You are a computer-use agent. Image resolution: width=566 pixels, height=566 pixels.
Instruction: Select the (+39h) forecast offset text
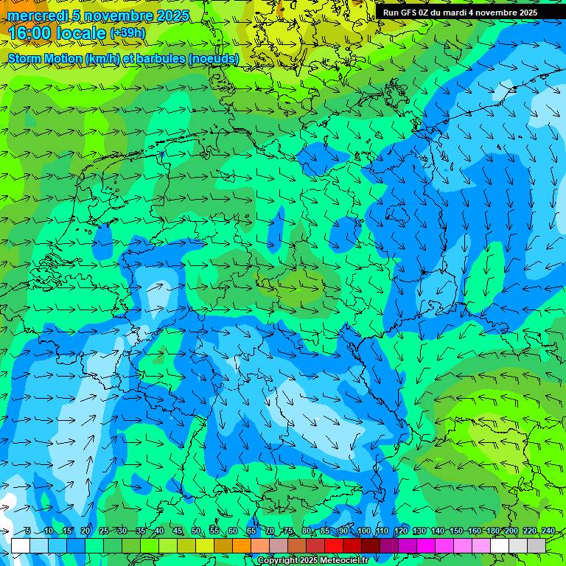[x=128, y=32]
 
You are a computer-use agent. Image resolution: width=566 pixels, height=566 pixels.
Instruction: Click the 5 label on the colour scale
[x=27, y=531]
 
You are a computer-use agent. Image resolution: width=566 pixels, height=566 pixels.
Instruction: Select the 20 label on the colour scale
[x=85, y=531]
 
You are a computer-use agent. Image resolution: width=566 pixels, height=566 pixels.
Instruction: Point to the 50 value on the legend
[x=196, y=531]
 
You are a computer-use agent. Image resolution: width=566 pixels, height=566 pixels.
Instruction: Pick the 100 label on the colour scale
[x=363, y=531]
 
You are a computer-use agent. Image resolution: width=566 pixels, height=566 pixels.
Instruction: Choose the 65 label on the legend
[x=251, y=531]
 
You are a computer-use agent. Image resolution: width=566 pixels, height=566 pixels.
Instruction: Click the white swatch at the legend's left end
[x=21, y=545]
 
